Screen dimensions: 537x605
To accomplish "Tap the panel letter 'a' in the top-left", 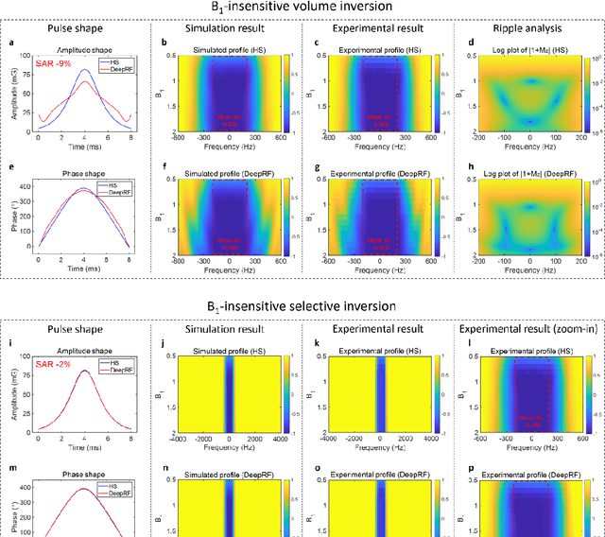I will (7, 43).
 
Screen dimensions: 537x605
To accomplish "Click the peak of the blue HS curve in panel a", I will (82, 69).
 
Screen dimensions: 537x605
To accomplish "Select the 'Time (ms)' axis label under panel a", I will (82, 147).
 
